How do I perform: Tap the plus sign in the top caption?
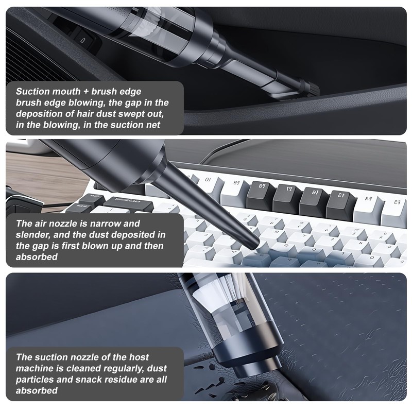pos(86,92)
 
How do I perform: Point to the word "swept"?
pos(132,114)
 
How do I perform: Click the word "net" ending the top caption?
pos(153,125)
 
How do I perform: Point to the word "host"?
pos(139,357)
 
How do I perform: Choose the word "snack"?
pos(88,380)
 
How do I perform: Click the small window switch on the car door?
pos(82,40)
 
